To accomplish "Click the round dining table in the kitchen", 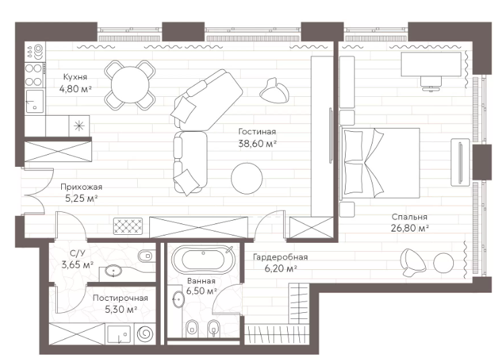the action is [130, 85].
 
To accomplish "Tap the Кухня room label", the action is [75, 77].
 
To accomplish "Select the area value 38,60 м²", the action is [257, 143].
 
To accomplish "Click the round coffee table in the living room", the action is [247, 178].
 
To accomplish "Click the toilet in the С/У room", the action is [145, 255].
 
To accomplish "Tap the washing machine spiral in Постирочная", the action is [145, 334].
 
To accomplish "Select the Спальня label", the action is [410, 217].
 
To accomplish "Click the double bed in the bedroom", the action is [380, 164].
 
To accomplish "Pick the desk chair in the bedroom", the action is [431, 83].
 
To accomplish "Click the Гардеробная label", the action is [280, 257].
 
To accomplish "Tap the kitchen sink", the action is [34, 101].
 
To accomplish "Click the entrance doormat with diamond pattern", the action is [128, 225].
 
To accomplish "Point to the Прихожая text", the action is [81, 186].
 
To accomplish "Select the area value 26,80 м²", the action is [410, 228].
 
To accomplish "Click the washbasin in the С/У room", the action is [114, 271].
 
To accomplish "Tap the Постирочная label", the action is [120, 298].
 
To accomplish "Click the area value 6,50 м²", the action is [201, 291].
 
